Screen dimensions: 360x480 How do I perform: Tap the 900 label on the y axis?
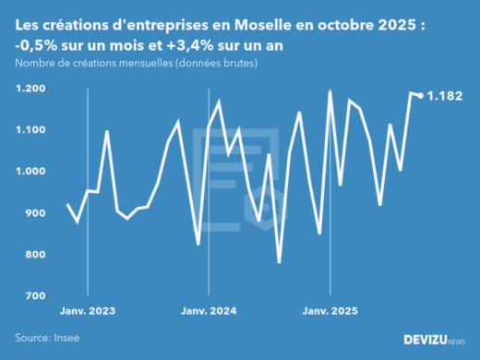(35, 213)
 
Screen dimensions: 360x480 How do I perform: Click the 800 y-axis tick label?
(35, 255)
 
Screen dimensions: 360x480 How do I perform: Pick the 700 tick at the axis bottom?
(35, 296)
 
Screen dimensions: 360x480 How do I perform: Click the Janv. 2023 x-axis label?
(88, 311)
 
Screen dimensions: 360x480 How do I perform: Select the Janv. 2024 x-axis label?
(209, 311)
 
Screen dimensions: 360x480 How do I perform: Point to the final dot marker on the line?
(421, 95)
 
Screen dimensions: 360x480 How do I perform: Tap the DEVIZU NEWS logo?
(434, 340)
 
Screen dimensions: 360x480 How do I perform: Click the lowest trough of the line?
(280, 262)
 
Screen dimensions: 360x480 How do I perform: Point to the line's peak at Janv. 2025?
(330, 91)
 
